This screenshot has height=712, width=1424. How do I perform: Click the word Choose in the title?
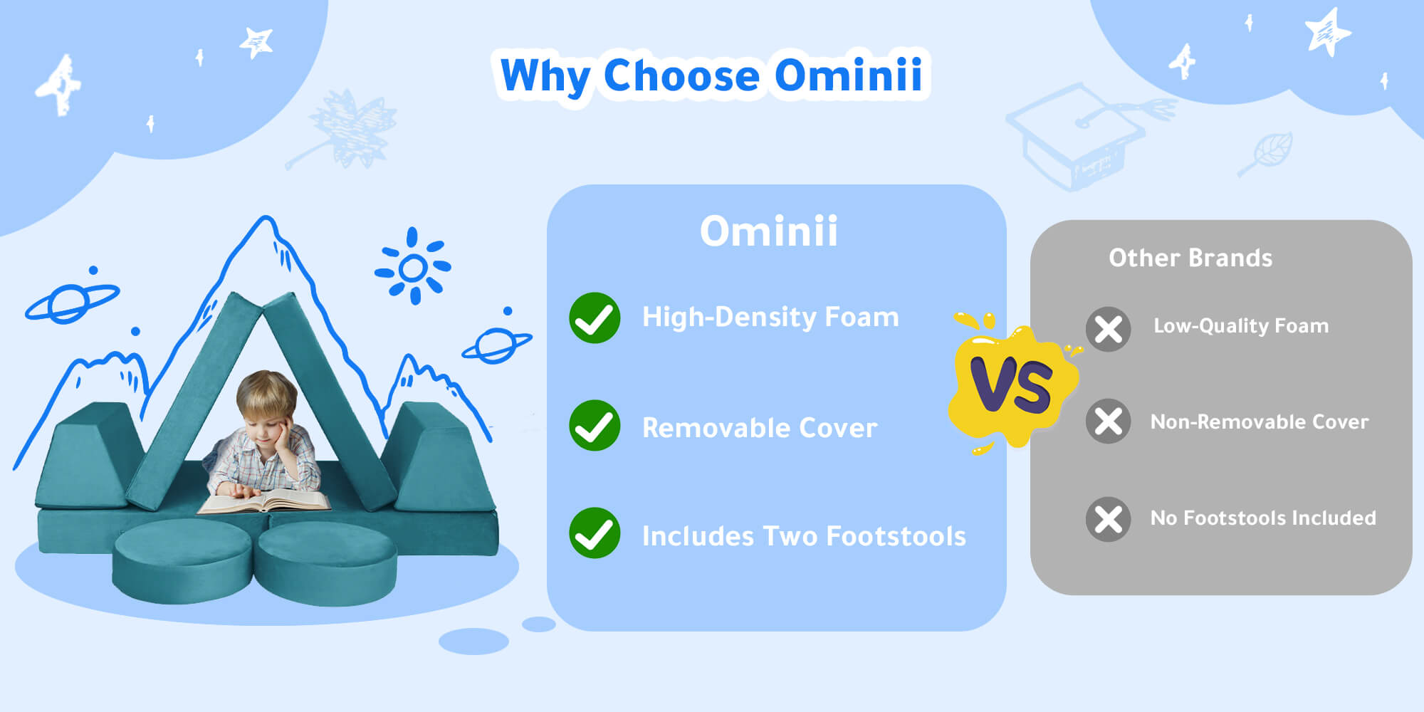pos(682,75)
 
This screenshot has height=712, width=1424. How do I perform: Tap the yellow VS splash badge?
pos(1014,384)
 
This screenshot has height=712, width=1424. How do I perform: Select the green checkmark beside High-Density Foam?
pos(595,318)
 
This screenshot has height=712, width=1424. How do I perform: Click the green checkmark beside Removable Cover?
pos(595,426)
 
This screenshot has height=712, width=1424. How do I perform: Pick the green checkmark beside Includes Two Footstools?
pos(595,533)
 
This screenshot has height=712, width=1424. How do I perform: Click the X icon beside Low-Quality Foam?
pos(1109,329)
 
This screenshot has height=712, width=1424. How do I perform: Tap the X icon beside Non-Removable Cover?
pos(1109,422)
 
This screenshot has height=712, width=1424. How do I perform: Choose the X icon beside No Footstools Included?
pos(1109,519)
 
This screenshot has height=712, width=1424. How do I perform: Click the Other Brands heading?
pos(1190,258)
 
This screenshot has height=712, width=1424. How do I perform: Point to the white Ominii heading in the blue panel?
pos(769,231)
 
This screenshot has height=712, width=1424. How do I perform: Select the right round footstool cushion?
pos(326,562)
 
